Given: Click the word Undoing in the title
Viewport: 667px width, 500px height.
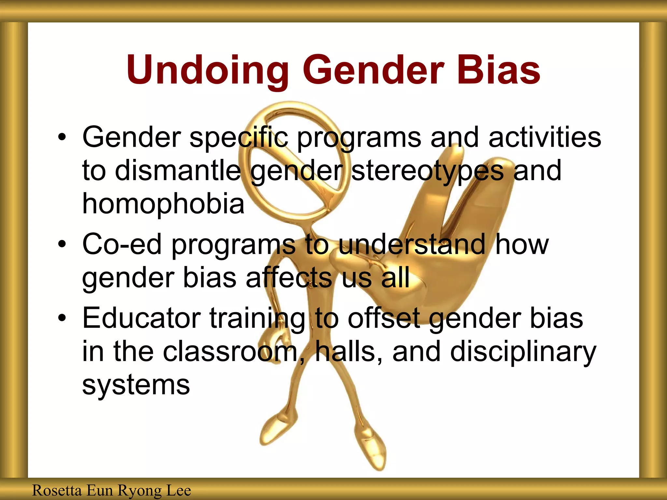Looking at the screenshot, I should click(x=207, y=70).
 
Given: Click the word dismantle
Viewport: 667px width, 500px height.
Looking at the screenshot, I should click(x=178, y=171).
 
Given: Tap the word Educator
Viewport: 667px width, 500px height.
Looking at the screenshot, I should click(x=142, y=318).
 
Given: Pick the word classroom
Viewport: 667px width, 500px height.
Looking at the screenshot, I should click(x=230, y=352).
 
